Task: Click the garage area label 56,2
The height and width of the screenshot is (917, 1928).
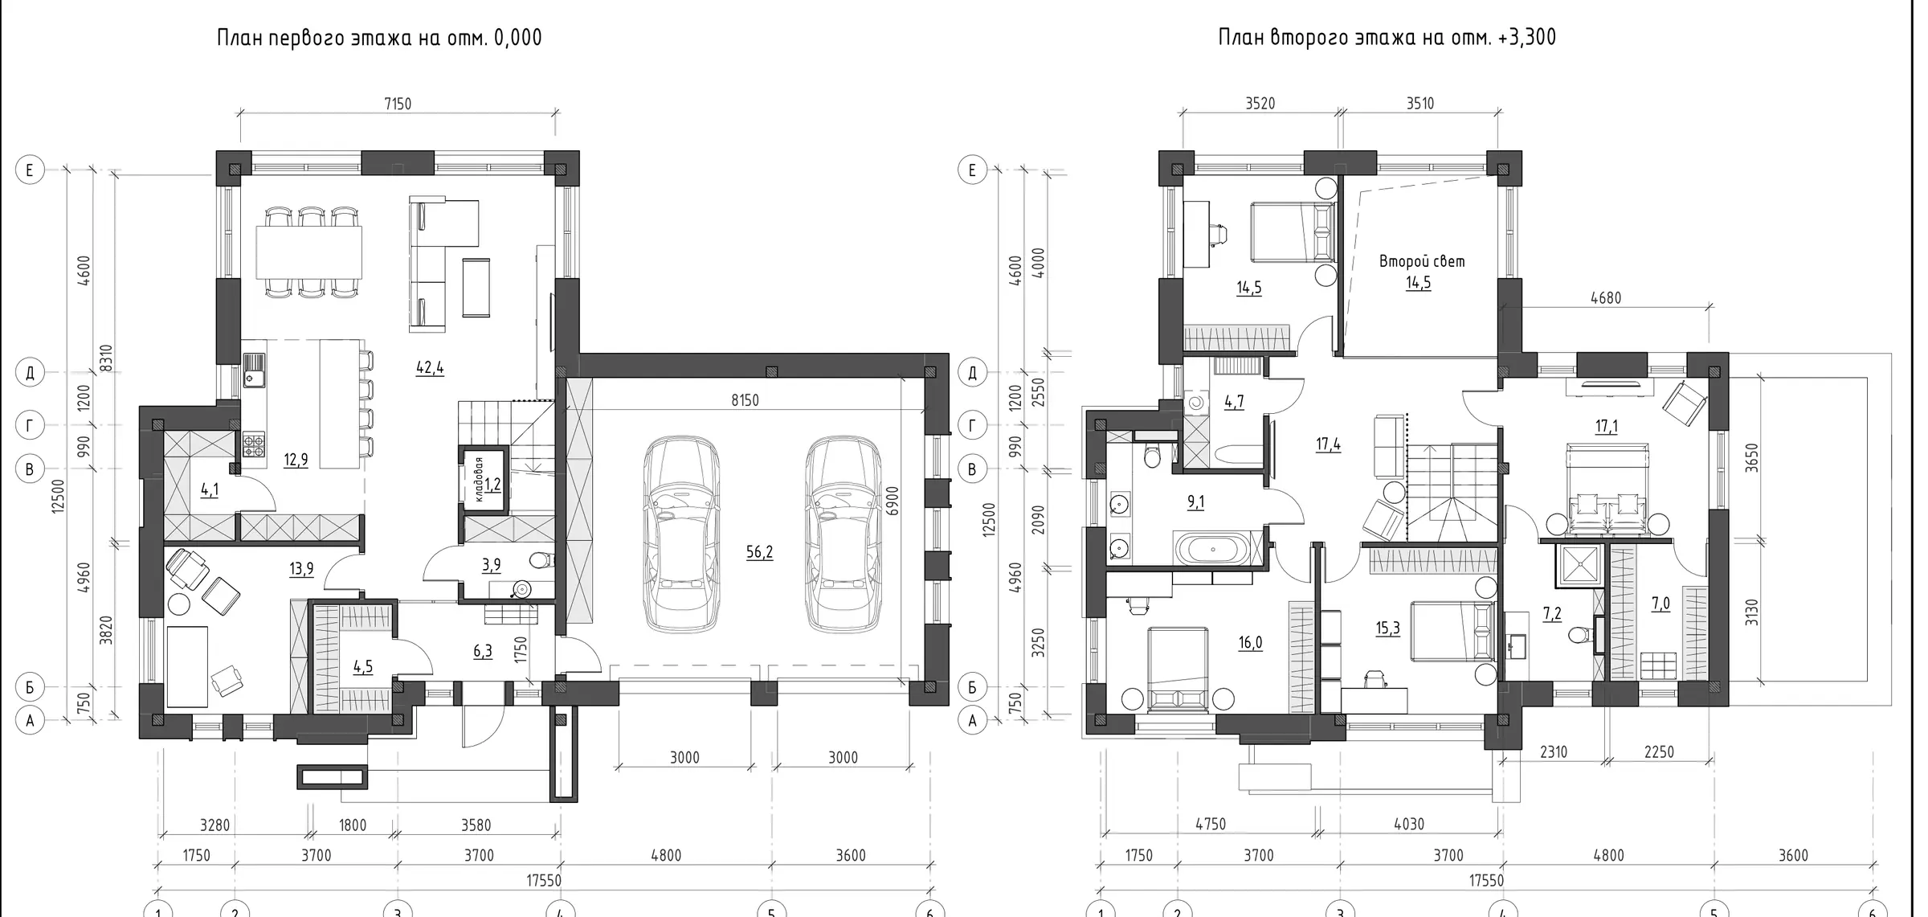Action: pyautogui.click(x=759, y=552)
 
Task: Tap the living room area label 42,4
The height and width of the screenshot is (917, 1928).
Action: pyautogui.click(x=430, y=368)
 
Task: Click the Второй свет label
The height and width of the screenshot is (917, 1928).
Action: pyautogui.click(x=1422, y=261)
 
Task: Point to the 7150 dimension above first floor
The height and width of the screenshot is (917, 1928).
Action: pyautogui.click(x=398, y=104)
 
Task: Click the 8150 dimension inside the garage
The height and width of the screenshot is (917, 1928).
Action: pyautogui.click(x=745, y=400)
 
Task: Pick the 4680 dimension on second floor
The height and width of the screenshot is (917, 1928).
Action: pyautogui.click(x=1606, y=298)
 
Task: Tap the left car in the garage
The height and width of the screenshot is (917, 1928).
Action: pyautogui.click(x=681, y=534)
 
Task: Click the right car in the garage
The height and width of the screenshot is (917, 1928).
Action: pyautogui.click(x=844, y=534)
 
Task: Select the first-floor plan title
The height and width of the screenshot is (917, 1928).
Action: pyautogui.click(x=379, y=38)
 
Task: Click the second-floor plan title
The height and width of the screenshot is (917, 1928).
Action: pyautogui.click(x=1387, y=38)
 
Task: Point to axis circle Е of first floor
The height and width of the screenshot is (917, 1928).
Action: pyautogui.click(x=30, y=170)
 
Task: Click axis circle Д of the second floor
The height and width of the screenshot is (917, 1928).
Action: pyautogui.click(x=973, y=373)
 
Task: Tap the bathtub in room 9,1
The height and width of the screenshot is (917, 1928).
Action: pyautogui.click(x=1214, y=550)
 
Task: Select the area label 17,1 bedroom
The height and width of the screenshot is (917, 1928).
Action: pyautogui.click(x=1607, y=427)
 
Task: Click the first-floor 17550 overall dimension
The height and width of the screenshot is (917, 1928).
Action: pyautogui.click(x=544, y=881)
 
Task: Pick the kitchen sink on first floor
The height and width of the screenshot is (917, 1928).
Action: pyautogui.click(x=254, y=370)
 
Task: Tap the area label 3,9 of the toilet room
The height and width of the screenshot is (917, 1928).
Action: pyautogui.click(x=491, y=566)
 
